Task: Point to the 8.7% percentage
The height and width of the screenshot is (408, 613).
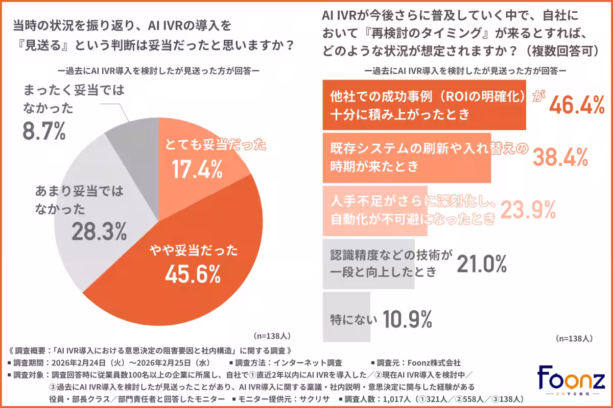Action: tap(44, 131)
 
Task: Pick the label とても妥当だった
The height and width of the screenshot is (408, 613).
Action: tap(215, 146)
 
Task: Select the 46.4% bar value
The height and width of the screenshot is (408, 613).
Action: tap(577, 106)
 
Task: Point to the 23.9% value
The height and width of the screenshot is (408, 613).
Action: tap(528, 209)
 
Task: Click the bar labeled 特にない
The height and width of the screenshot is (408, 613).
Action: tap(347, 316)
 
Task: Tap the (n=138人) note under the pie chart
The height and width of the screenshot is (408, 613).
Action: tap(272, 336)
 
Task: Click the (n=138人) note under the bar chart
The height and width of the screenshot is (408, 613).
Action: tap(573, 338)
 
